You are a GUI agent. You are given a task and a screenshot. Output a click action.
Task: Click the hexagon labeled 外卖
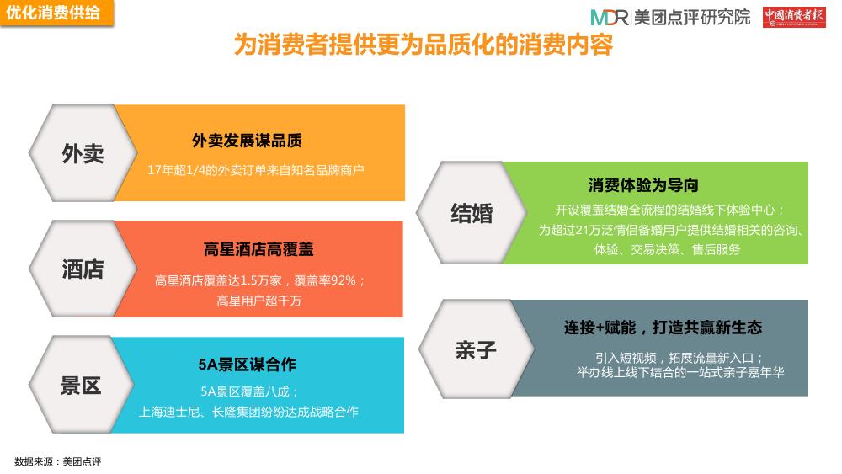(83, 153)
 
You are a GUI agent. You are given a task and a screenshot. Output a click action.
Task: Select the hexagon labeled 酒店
(83, 269)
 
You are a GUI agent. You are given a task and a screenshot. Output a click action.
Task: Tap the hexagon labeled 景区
(81, 385)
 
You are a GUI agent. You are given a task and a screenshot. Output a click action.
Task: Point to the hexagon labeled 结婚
(472, 212)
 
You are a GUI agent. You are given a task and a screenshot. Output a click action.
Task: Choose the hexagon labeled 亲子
(476, 349)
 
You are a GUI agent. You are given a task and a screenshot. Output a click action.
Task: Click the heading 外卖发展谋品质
(247, 141)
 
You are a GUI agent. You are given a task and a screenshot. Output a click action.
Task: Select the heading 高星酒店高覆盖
(258, 249)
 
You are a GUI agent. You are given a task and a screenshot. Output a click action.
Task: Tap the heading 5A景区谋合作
(247, 365)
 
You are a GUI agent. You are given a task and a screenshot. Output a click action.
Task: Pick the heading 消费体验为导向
(643, 185)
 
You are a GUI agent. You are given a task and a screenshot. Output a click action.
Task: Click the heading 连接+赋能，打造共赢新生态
(663, 328)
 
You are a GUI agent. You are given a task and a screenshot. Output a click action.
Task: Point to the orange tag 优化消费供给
(56, 13)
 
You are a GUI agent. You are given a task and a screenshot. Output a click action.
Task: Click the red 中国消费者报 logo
(794, 17)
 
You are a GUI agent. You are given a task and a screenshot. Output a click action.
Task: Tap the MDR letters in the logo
(609, 18)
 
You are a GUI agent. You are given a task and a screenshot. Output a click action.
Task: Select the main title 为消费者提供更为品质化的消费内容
(424, 44)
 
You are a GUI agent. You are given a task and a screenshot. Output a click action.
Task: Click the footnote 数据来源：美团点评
(57, 461)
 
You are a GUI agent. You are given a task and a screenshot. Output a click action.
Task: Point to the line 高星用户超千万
(258, 301)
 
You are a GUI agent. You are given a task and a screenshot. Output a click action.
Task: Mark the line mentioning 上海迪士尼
(248, 412)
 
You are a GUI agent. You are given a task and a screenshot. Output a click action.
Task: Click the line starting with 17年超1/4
(256, 170)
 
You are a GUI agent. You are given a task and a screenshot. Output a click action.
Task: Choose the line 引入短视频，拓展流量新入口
(679, 358)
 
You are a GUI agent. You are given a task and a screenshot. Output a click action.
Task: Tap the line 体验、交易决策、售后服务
(667, 249)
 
